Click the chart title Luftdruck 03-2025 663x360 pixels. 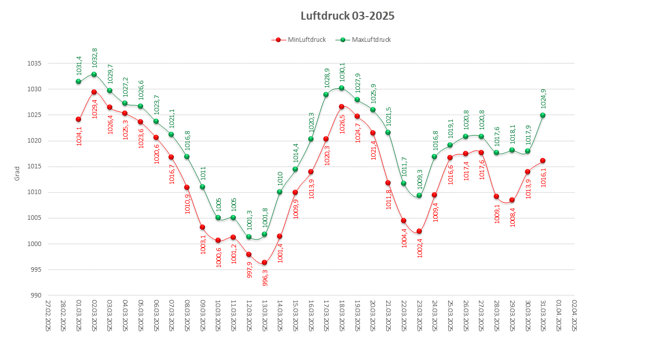pyautogui.click(x=347, y=16)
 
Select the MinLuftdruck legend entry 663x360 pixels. pyautogui.click(x=299, y=40)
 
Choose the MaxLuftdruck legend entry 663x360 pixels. pyautogui.click(x=365, y=40)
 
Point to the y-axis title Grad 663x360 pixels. pyautogui.click(x=17, y=173)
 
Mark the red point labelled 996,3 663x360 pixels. pyautogui.click(x=264, y=263)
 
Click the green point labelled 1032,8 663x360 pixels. pyautogui.click(x=94, y=75)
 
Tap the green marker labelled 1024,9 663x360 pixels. pyautogui.click(x=543, y=115)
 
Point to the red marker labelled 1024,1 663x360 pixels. pyautogui.click(x=78, y=119)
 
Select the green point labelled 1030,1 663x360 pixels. pyautogui.click(x=341, y=88)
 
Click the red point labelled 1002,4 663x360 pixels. pyautogui.click(x=419, y=231)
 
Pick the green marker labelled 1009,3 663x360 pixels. pyautogui.click(x=419, y=196)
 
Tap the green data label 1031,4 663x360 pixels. pyautogui.click(x=79, y=66)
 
